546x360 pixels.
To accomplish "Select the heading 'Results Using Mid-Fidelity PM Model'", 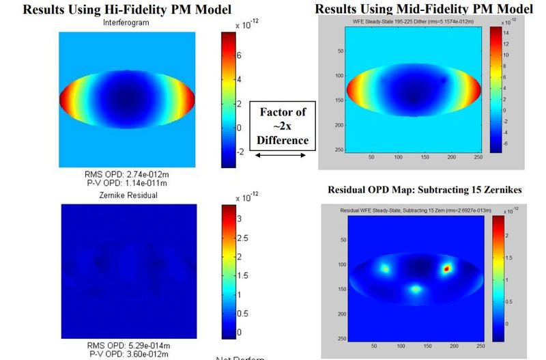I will [x=425, y=9].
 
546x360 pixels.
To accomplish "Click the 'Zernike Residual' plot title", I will [x=126, y=195].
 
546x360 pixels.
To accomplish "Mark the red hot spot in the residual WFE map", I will [x=447, y=268].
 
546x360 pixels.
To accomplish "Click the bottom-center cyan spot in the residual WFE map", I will [x=416, y=289].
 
